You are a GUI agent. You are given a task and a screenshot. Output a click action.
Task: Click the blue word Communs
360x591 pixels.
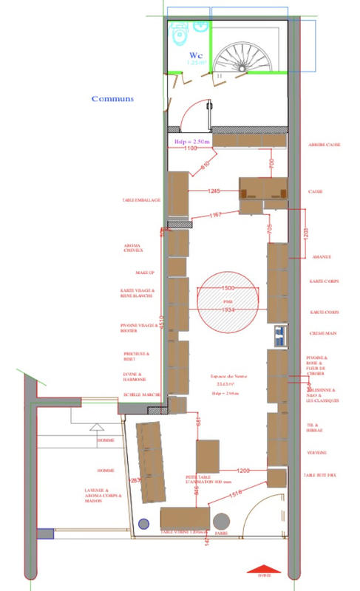[x=112, y=98]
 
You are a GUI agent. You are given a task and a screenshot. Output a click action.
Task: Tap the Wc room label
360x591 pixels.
[x=196, y=55]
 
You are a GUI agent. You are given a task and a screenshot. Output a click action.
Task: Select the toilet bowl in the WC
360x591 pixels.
[x=178, y=34]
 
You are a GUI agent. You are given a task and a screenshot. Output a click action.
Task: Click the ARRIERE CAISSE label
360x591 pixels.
[x=325, y=146]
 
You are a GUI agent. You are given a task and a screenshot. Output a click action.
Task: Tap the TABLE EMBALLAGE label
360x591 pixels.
[x=142, y=200]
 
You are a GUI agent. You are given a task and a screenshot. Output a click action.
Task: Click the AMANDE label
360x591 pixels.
[x=321, y=257]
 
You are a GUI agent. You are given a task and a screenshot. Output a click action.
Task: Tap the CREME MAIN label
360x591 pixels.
[x=324, y=334]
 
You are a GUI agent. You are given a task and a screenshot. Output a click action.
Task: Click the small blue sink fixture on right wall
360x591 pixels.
[x=280, y=335]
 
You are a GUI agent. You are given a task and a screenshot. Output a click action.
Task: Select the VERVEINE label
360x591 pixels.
[x=319, y=451]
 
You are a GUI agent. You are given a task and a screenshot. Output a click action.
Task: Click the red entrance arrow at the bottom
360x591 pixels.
[x=264, y=570]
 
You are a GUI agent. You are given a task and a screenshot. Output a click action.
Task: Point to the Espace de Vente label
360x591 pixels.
[x=223, y=377]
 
